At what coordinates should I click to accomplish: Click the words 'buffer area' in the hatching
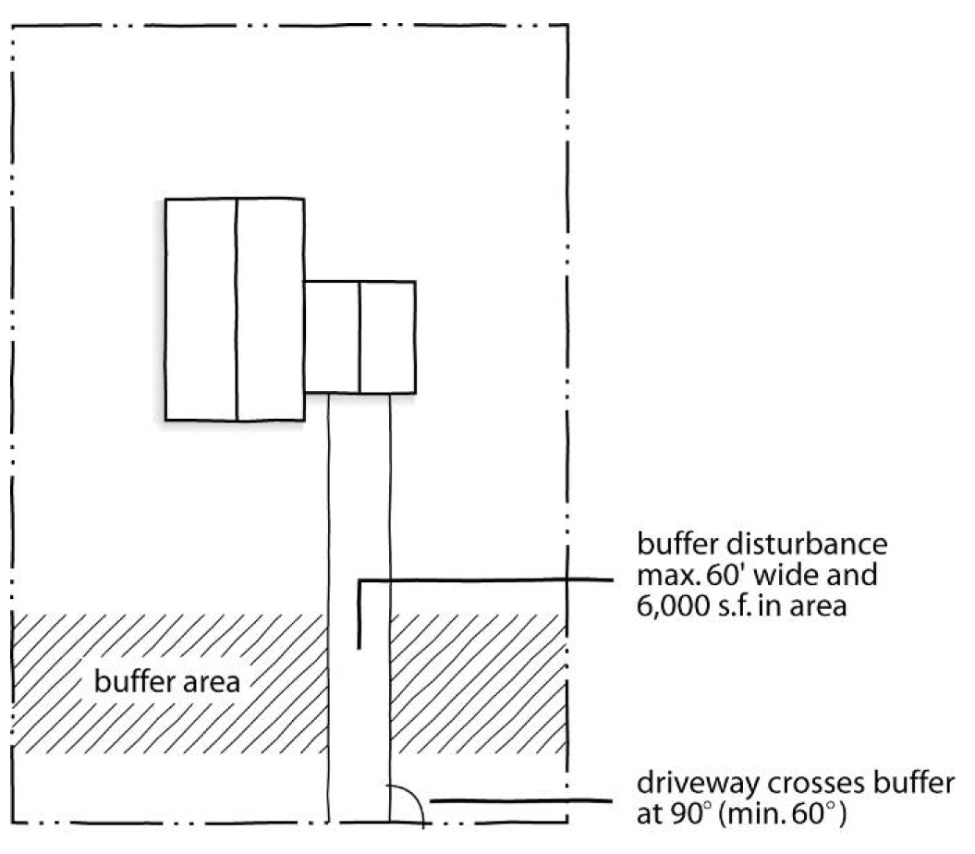tap(166, 682)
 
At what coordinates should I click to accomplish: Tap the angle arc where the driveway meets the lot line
tap(409, 801)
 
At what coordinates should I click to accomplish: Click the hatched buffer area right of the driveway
tap(478, 684)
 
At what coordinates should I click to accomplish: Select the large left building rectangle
tap(235, 310)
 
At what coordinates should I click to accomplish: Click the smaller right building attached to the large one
tap(360, 337)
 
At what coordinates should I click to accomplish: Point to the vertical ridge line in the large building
tap(237, 310)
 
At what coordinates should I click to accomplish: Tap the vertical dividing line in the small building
tap(360, 337)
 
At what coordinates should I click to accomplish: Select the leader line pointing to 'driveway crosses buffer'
tap(521, 800)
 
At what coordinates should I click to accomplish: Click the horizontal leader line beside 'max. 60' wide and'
tap(485, 580)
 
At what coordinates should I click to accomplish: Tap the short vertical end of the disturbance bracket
tap(359, 615)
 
